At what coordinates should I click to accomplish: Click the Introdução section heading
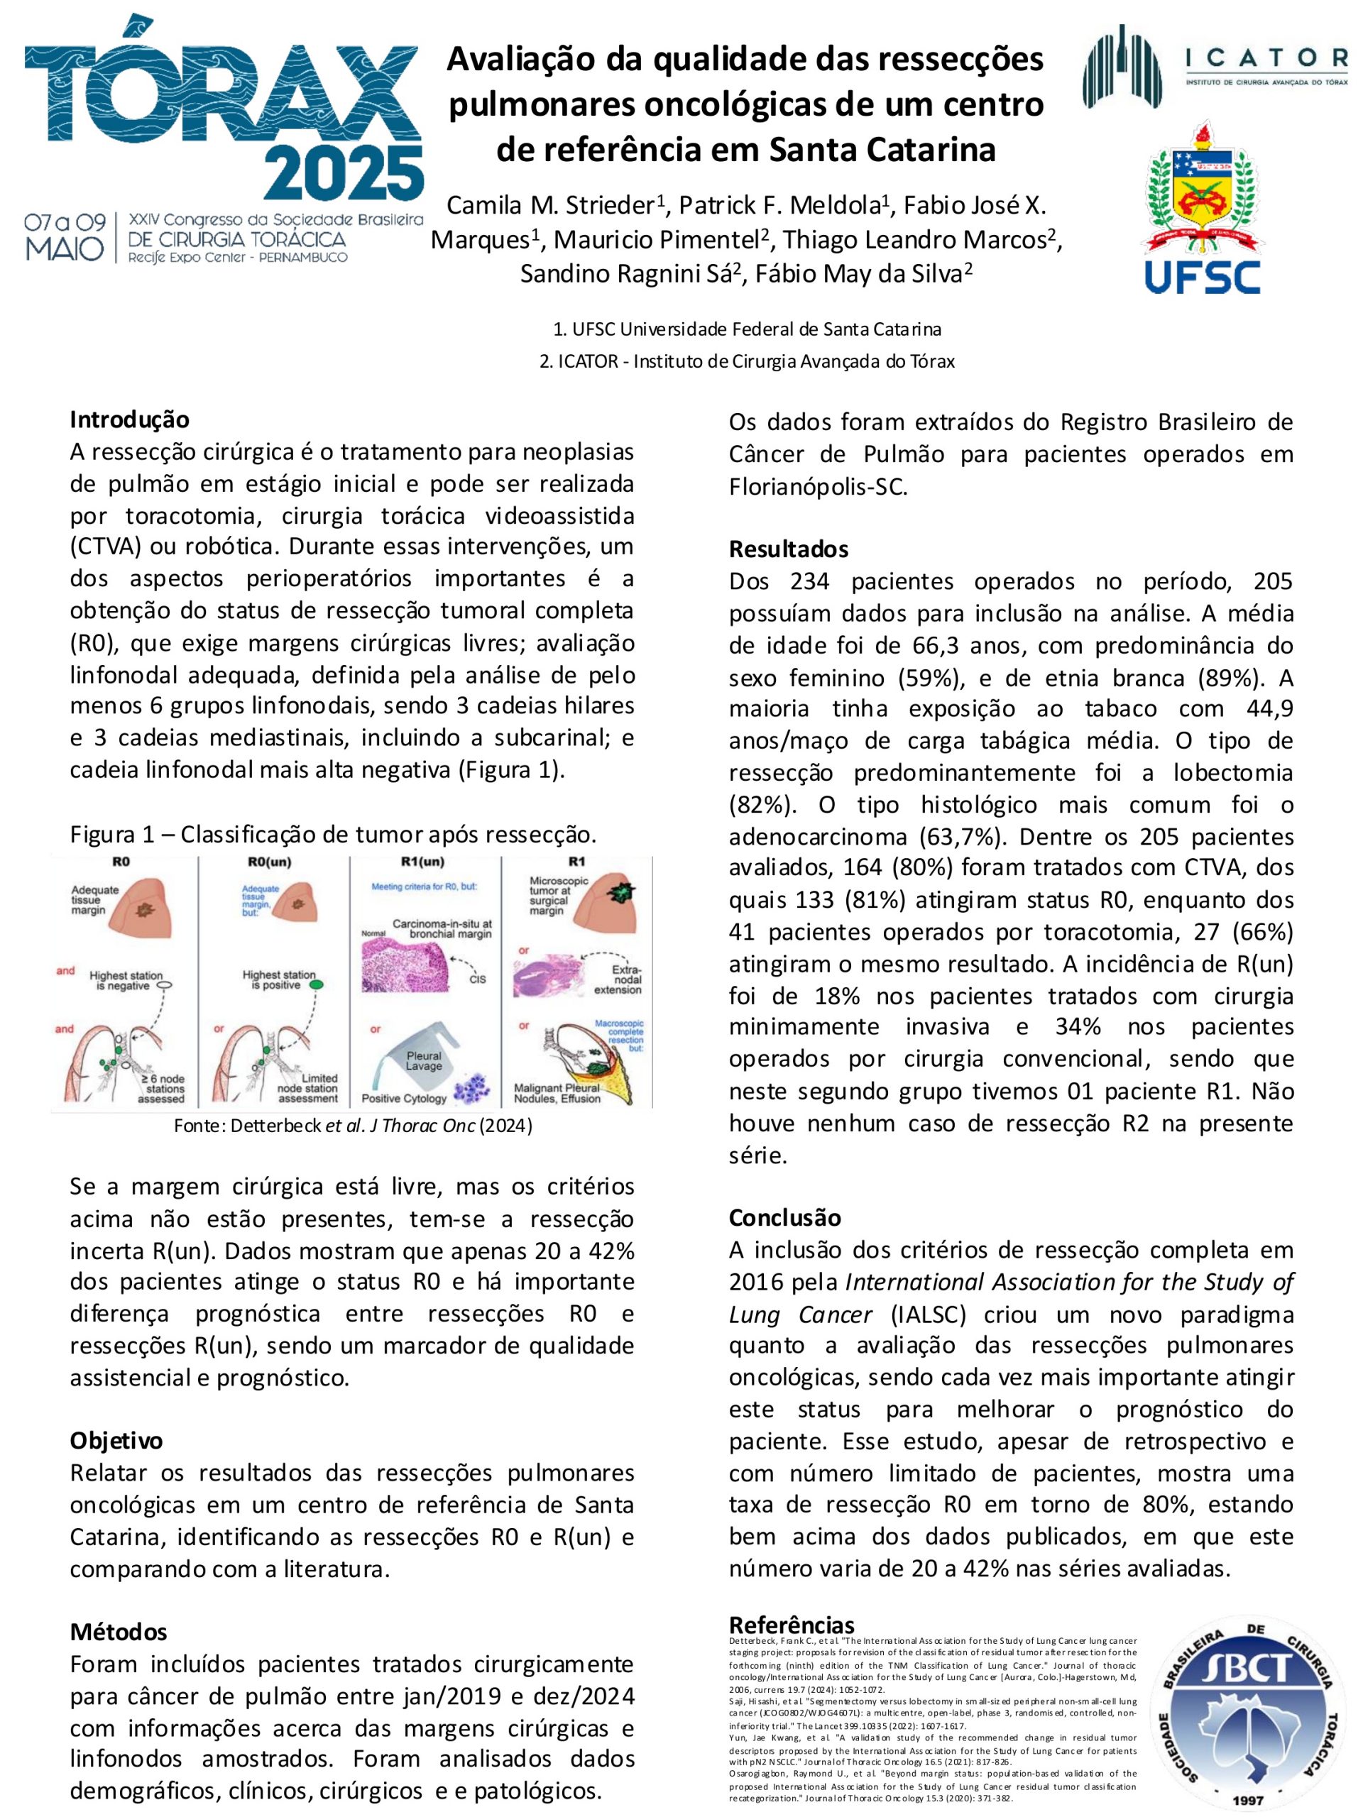point(129,419)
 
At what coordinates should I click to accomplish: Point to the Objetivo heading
point(116,1441)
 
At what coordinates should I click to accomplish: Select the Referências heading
point(792,1625)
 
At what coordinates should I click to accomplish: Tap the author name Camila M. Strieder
point(554,204)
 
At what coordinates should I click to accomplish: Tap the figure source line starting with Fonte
point(354,1126)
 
